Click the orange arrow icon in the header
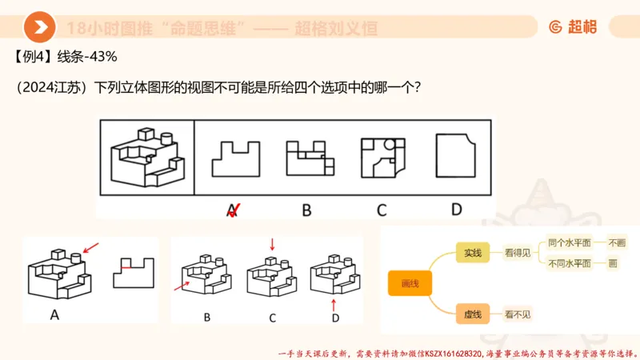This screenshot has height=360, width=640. click(39, 27)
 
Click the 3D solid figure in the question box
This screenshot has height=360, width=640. click(147, 155)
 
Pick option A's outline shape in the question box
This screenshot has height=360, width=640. click(235, 158)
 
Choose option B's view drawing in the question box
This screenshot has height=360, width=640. click(308, 158)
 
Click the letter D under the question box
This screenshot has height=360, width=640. click(456, 210)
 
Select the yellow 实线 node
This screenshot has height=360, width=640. click(472, 253)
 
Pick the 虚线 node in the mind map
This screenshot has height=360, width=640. click(472, 314)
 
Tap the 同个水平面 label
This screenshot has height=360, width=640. click(570, 242)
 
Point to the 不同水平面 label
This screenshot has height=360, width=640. click(570, 263)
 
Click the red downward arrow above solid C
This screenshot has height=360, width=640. click(272, 243)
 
